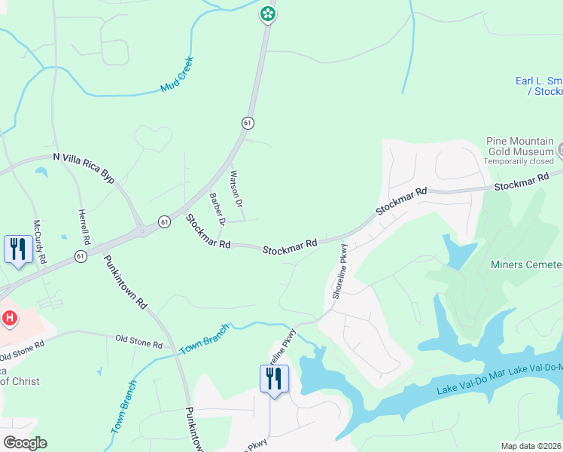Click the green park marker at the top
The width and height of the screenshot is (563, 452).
pyautogui.click(x=267, y=14)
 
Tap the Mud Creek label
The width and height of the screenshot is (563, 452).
pyautogui.click(x=178, y=75)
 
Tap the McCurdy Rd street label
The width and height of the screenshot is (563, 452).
pyautogui.click(x=38, y=241)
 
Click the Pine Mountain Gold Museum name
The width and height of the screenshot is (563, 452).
pyautogui.click(x=519, y=146)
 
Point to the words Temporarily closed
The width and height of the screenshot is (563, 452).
pyautogui.click(x=519, y=161)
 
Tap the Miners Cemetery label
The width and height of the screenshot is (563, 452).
pyautogui.click(x=526, y=264)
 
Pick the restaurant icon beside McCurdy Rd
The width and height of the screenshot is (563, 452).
pyautogui.click(x=17, y=249)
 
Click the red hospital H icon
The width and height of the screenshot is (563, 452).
pyautogui.click(x=9, y=319)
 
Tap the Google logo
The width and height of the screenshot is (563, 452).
pyautogui.click(x=25, y=443)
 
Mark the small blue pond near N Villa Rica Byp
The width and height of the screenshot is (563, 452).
pyautogui.click(x=41, y=172)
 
